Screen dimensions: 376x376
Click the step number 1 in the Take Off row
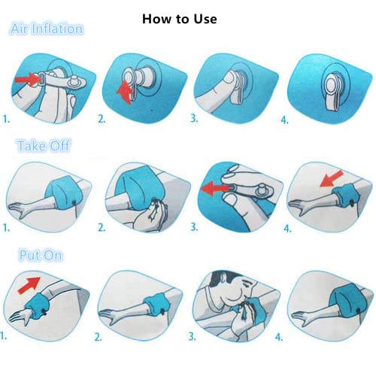point(6,226)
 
